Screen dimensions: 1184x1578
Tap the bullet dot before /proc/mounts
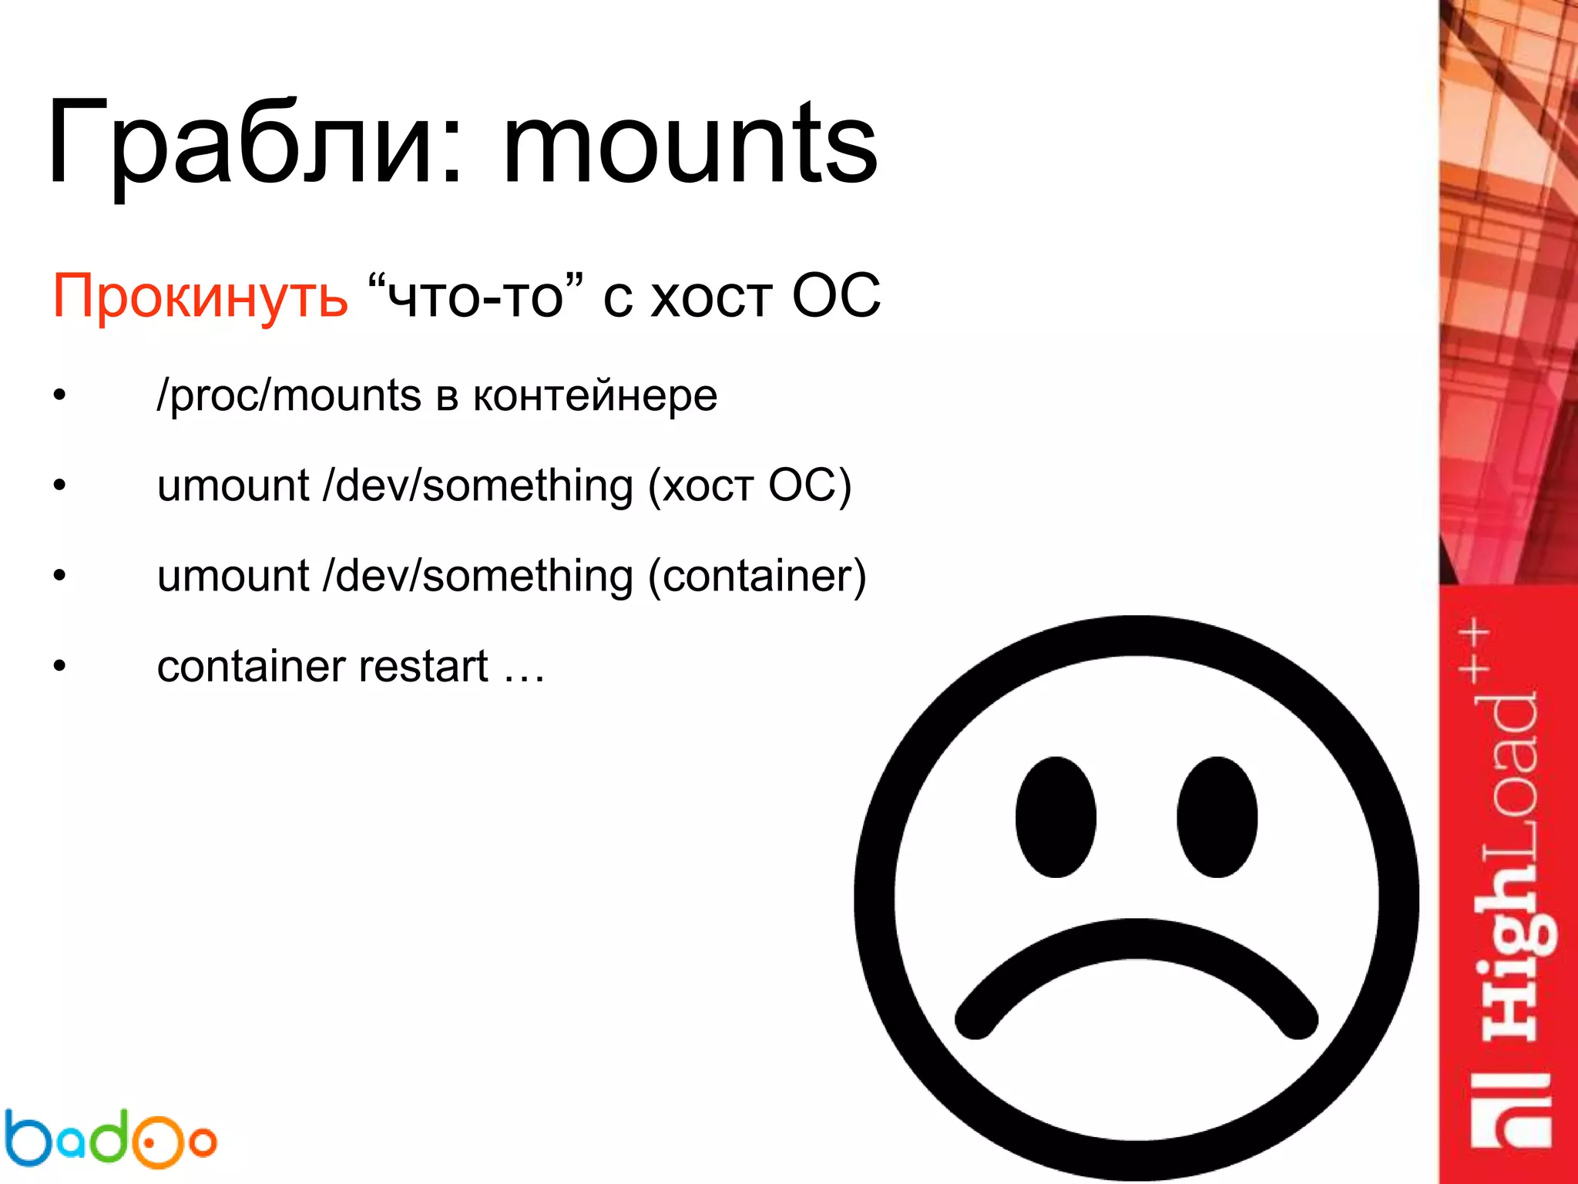(x=60, y=396)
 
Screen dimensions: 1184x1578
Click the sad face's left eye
(x=1056, y=817)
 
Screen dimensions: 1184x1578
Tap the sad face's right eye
(x=1217, y=817)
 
